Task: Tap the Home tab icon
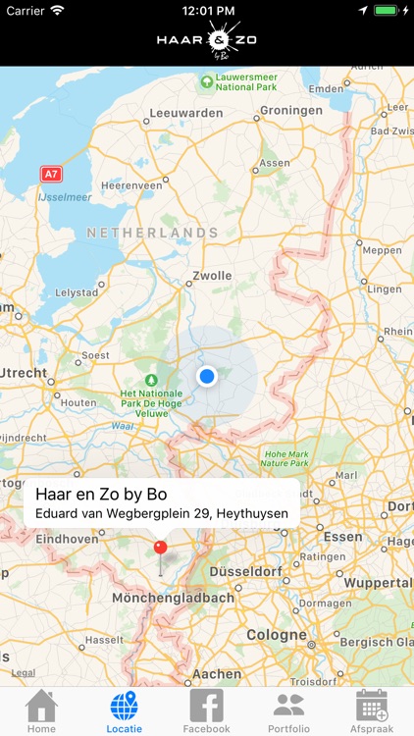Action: pyautogui.click(x=41, y=707)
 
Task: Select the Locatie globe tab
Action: pyautogui.click(x=125, y=707)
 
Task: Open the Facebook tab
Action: pyautogui.click(x=206, y=707)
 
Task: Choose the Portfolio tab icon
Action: pyautogui.click(x=288, y=707)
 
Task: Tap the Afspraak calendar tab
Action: pyautogui.click(x=372, y=707)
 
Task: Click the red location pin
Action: pyautogui.click(x=161, y=547)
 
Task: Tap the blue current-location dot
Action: pyautogui.click(x=206, y=376)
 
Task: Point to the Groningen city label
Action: pyautogui.click(x=290, y=111)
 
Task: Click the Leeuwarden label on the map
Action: pyautogui.click(x=186, y=113)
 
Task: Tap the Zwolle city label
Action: pyautogui.click(x=212, y=276)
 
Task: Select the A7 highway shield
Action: pyautogui.click(x=50, y=174)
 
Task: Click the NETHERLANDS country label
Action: pyautogui.click(x=152, y=233)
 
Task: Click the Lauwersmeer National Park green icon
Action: pyautogui.click(x=207, y=81)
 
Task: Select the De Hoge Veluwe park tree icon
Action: pyautogui.click(x=150, y=380)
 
